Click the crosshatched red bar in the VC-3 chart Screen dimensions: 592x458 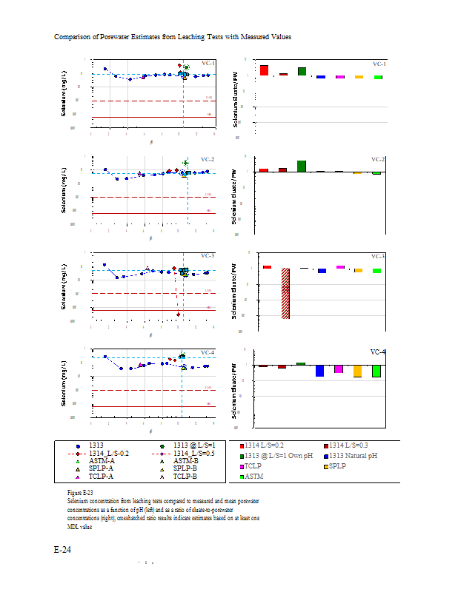tap(285, 294)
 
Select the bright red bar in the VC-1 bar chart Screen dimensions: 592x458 tap(264, 70)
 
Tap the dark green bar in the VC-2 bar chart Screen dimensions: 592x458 tap(302, 166)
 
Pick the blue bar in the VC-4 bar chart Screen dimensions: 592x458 tap(320, 371)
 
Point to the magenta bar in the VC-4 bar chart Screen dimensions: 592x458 tap(338, 369)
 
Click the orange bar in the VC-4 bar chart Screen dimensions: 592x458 tap(357, 371)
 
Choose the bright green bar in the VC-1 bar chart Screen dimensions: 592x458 tap(378, 77)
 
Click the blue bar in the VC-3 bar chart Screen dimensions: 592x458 tap(322, 271)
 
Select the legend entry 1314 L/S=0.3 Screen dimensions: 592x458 tap(354, 445)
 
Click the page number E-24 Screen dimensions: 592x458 tap(62, 550)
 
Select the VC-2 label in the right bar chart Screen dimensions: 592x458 tap(378, 159)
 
